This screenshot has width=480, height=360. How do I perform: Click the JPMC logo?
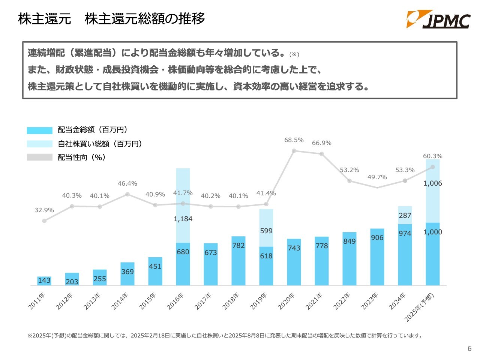438,19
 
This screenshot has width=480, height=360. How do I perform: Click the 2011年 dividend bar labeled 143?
44,281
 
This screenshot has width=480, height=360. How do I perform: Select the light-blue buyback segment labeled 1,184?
183,205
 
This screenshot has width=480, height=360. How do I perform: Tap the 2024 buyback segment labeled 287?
405,215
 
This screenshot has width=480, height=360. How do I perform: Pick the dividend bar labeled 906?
377,257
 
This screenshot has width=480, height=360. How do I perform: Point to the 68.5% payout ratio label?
294,140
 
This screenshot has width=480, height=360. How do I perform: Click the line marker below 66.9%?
322,154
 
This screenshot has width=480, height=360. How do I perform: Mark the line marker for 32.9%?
44,221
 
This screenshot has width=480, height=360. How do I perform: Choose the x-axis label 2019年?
259,301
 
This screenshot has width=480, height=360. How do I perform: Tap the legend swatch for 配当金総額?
40,130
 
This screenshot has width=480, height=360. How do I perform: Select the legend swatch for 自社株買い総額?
40,144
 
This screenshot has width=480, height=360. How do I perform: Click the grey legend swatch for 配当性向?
40,157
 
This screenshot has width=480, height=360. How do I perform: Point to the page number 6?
469,349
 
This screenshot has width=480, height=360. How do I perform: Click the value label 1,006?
433,183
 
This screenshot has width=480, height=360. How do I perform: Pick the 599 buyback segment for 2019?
266,228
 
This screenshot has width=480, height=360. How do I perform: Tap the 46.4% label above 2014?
127,183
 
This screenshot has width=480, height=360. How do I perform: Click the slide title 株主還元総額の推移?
145,19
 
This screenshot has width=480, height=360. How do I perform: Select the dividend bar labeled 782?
238,261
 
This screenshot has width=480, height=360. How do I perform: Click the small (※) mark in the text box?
294,55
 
